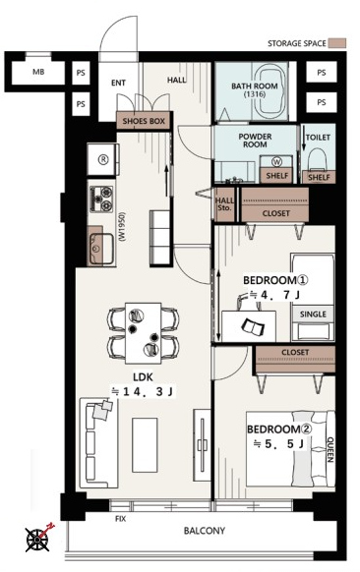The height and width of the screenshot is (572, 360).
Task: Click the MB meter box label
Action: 38,72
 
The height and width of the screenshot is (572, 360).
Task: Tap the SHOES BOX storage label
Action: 144,121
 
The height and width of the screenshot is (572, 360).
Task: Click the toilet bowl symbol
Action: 316,159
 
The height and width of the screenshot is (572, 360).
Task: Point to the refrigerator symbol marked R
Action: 103,159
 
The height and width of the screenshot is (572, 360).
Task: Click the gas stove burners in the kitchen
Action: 101,199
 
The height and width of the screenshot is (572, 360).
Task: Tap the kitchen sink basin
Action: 101,248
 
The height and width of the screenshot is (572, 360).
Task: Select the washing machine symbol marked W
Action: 275,160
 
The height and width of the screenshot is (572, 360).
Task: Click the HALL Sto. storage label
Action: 224,204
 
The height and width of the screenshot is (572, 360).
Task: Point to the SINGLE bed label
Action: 313,315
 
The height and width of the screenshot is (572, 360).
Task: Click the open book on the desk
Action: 254,326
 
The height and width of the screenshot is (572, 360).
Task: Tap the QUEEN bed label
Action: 330,449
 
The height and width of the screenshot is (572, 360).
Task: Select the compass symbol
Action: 38,537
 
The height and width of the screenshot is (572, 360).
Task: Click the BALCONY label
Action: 204,531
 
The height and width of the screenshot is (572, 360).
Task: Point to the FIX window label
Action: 120,518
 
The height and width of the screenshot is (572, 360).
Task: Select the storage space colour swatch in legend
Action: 336,43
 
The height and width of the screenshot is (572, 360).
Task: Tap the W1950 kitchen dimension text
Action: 122,227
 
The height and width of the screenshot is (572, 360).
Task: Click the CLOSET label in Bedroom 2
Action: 295,353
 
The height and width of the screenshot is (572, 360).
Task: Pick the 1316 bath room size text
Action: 255,94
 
